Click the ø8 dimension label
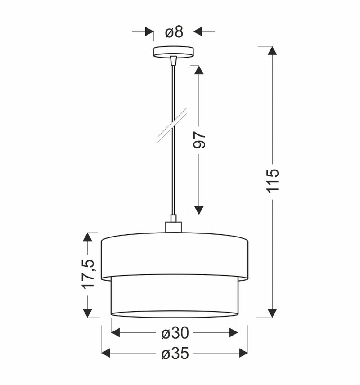pos(174,32)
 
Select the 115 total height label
pos(273,180)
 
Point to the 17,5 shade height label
pos(88,273)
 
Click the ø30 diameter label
pos(175,333)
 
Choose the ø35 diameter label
pos(175,354)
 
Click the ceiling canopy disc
pos(173,51)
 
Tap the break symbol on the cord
pos(172,125)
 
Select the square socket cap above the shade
pos(173,227)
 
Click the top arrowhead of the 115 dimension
pos(272,50)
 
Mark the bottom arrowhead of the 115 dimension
pos(272,313)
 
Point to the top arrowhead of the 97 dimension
pos(199,70)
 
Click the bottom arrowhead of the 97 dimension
pos(199,210)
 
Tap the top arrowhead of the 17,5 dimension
pos(88,237)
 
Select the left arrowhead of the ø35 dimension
pos(106,353)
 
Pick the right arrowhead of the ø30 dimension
pos(234,332)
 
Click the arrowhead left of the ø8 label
pos(149,31)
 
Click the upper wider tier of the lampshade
pos(174,255)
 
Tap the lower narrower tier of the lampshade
pos(174,295)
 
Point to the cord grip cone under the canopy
pos(173,60)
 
